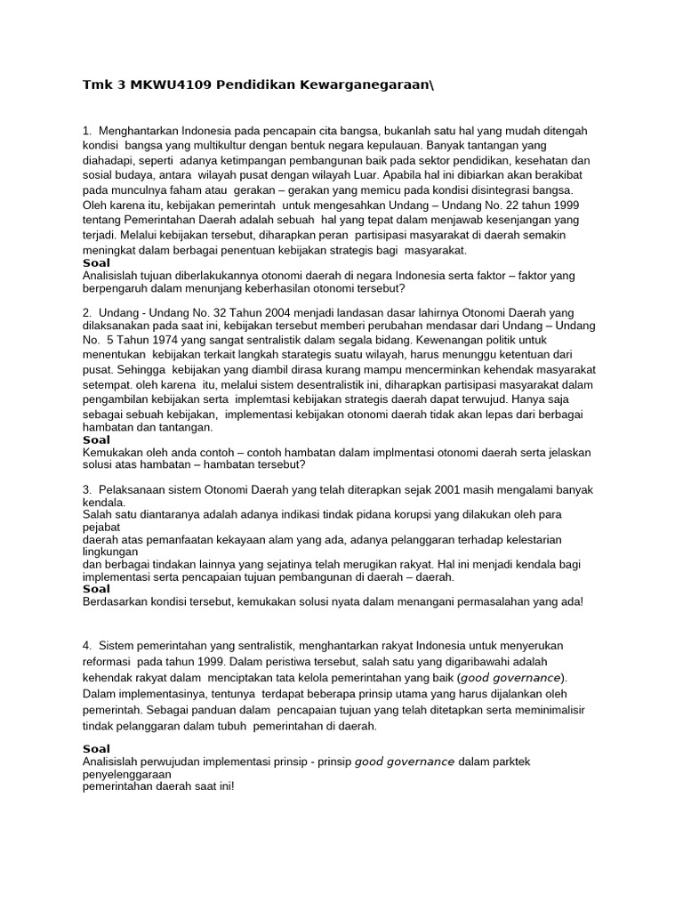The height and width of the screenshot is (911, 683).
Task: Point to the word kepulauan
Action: tap(390, 145)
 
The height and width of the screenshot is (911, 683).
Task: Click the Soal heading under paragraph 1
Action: tap(96, 263)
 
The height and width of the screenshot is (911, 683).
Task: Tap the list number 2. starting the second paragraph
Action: tap(88, 312)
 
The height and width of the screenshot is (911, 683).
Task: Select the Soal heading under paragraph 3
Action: tap(96, 589)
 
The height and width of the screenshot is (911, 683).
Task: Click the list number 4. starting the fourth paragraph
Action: tap(88, 645)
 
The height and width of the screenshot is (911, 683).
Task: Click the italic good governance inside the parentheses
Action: tap(510, 678)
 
